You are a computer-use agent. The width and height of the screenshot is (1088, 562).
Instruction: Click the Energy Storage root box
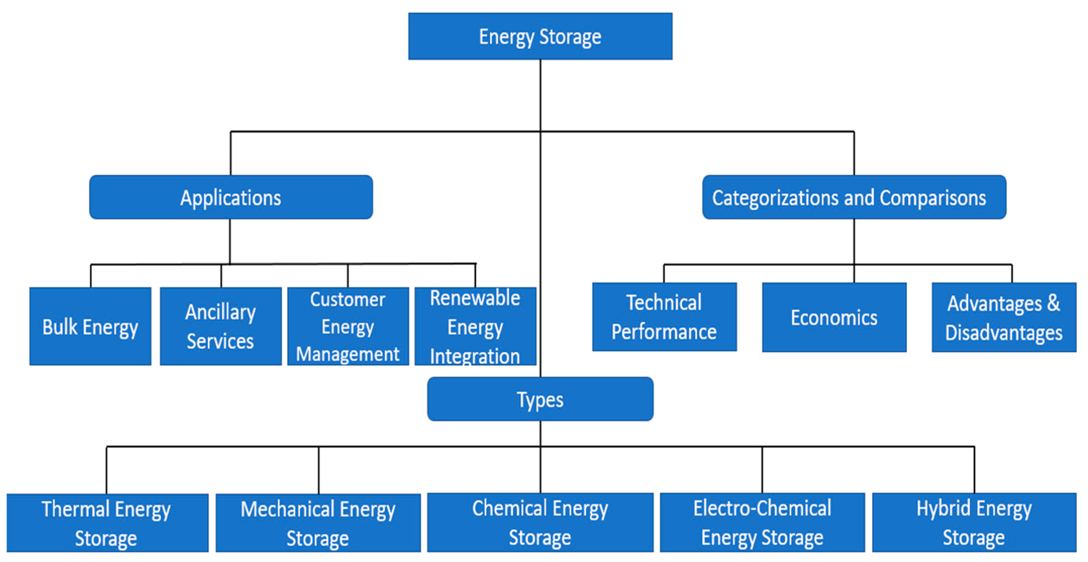click(x=540, y=36)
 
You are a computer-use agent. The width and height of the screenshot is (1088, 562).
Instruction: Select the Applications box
click(x=230, y=197)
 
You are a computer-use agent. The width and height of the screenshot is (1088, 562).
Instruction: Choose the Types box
click(x=540, y=399)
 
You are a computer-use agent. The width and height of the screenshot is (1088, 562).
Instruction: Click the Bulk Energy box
click(x=90, y=326)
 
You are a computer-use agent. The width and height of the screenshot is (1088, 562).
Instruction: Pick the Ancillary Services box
click(x=221, y=326)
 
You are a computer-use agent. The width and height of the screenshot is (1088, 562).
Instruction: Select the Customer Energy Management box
click(x=347, y=326)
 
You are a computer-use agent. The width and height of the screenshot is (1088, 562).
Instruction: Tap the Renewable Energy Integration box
click(x=475, y=326)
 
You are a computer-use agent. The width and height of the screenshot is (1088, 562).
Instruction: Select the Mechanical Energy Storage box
click(x=318, y=523)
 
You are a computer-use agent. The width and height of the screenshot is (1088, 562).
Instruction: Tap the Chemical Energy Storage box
click(x=540, y=522)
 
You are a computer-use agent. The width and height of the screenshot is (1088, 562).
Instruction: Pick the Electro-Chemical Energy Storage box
click(x=762, y=522)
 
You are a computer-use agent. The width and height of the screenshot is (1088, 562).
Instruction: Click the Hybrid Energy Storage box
click(x=974, y=522)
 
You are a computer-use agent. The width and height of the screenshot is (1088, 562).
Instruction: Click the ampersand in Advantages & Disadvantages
click(x=1053, y=303)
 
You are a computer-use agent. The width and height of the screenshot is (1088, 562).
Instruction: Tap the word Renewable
click(x=475, y=298)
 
